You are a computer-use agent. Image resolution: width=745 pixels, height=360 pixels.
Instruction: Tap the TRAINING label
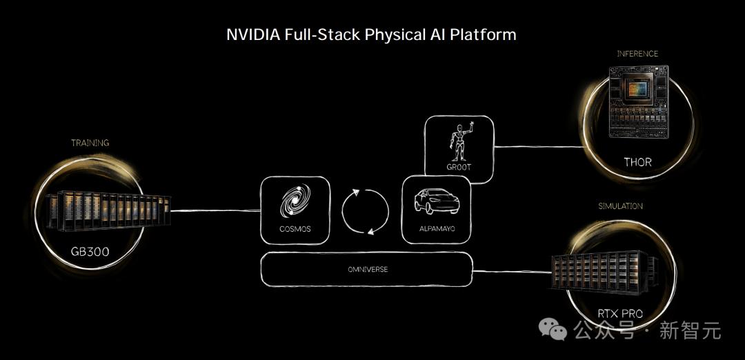point(90,143)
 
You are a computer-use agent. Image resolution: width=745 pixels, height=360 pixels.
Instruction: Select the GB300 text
point(90,251)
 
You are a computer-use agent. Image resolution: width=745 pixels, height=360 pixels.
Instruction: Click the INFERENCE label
point(637,54)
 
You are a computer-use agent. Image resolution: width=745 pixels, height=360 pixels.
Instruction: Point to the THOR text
point(637,162)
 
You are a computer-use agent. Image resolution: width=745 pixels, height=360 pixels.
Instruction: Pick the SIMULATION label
point(621,206)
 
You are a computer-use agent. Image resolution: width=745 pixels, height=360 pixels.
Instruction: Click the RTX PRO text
point(620,314)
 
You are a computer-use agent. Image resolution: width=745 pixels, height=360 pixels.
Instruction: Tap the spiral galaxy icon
point(295,201)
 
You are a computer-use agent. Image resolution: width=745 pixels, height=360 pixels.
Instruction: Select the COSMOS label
point(295,229)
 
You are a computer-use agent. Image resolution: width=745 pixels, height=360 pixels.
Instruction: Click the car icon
point(437,201)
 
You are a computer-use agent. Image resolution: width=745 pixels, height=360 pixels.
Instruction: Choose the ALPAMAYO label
point(437,229)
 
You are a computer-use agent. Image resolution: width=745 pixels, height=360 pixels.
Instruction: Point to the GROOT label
point(459,167)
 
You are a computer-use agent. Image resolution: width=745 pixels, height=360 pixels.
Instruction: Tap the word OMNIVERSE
point(367,269)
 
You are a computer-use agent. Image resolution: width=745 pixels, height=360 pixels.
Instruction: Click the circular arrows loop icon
point(365,211)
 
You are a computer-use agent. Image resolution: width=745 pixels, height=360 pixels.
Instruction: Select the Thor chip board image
point(639,101)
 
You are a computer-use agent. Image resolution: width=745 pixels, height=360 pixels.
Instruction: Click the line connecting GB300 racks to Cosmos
point(216,210)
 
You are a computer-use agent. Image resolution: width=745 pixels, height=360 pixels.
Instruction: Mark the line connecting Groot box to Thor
point(539,146)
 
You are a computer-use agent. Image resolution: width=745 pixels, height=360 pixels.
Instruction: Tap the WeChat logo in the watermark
point(553,330)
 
